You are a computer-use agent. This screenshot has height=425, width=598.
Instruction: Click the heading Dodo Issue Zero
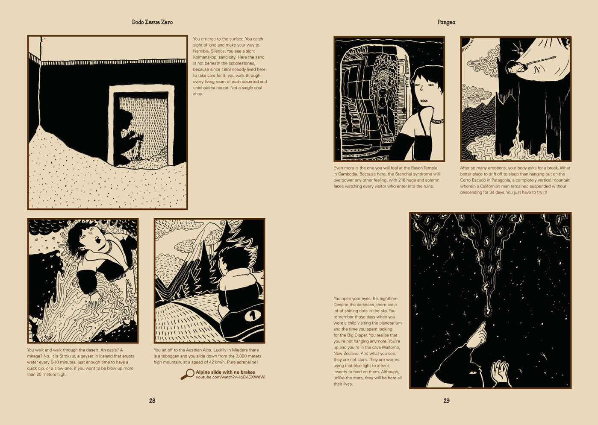[x=152, y=22]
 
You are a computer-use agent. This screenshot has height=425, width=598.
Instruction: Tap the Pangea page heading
[x=446, y=22]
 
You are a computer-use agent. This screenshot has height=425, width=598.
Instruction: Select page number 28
[x=152, y=401]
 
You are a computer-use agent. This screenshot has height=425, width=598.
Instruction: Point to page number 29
[x=446, y=401]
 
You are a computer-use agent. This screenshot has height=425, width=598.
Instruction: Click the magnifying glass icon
[x=187, y=374]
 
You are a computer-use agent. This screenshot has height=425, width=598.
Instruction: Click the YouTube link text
[x=230, y=377]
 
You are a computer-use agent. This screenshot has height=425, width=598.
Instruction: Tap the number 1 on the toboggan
[x=252, y=316]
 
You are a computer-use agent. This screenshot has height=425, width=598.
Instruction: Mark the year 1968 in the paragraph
[x=226, y=69]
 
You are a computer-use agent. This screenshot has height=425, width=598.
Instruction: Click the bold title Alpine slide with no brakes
[x=225, y=372]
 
